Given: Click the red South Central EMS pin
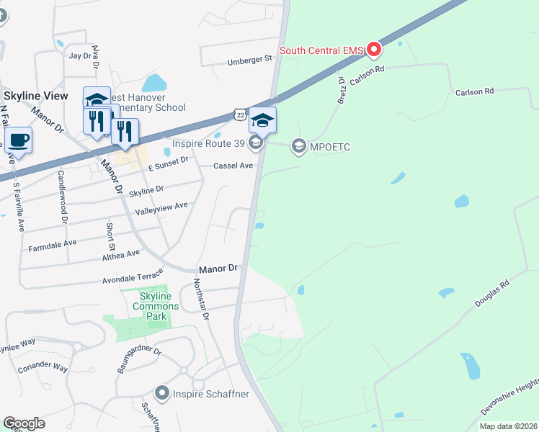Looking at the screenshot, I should (x=374, y=50).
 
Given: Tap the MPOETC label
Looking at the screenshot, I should (x=331, y=147).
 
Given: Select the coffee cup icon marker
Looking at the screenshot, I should (x=18, y=140).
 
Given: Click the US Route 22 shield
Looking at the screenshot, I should (x=240, y=114).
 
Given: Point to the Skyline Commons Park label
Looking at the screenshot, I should (x=155, y=306).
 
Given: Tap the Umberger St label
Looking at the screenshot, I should (x=248, y=60).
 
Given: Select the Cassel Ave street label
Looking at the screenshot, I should (x=233, y=166).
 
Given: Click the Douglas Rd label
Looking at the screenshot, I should (x=491, y=294).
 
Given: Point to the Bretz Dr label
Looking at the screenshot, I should (x=342, y=90).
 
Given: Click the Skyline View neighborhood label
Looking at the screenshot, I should (x=35, y=96).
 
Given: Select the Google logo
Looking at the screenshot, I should (x=24, y=423).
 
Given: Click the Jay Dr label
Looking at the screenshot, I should (x=80, y=55).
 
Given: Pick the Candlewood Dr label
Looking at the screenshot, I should (x=62, y=199).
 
